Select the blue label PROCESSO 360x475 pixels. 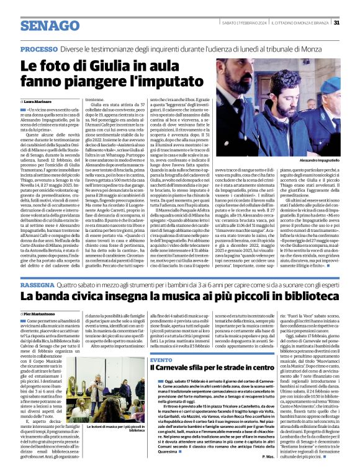(x=39, y=49)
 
